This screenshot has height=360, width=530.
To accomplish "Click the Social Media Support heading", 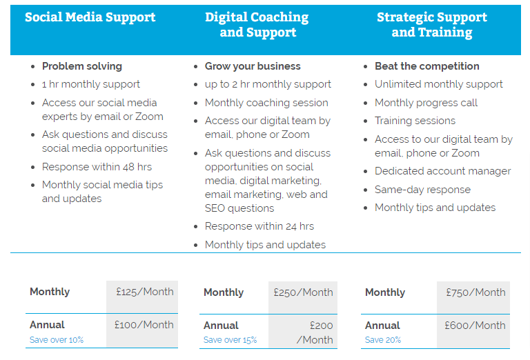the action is point(90,17).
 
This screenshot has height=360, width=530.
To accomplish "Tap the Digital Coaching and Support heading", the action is point(257,25).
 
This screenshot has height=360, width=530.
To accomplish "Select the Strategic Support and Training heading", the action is point(432,25).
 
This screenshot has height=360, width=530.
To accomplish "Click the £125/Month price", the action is point(145,292).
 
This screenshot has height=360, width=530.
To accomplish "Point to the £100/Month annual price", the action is point(144,325).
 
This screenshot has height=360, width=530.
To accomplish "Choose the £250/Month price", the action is point(303,292).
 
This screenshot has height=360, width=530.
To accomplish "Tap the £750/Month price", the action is point(475,292).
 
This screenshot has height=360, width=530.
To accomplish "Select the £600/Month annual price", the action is point(475,326).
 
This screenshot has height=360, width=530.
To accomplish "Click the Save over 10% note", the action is point(57,340).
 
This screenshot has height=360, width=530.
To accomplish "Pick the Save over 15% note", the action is point(230,340).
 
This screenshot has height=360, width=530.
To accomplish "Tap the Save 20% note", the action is point(383,340).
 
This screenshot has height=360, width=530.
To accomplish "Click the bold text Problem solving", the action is point(82,66).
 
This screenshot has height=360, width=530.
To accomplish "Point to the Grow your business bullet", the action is point(253,66).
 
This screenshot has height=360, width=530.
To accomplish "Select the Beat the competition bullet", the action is point(427,66).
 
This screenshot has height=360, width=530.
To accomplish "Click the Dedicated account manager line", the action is point(443,171).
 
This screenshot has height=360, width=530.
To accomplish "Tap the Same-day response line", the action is point(422,190).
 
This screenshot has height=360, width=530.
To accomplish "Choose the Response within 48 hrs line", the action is point(97,167).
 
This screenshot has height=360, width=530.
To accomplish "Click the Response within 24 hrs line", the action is point(259,226).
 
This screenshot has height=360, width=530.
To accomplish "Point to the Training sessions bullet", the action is point(415,121).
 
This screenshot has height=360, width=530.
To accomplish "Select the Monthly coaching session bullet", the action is point(266,103).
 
